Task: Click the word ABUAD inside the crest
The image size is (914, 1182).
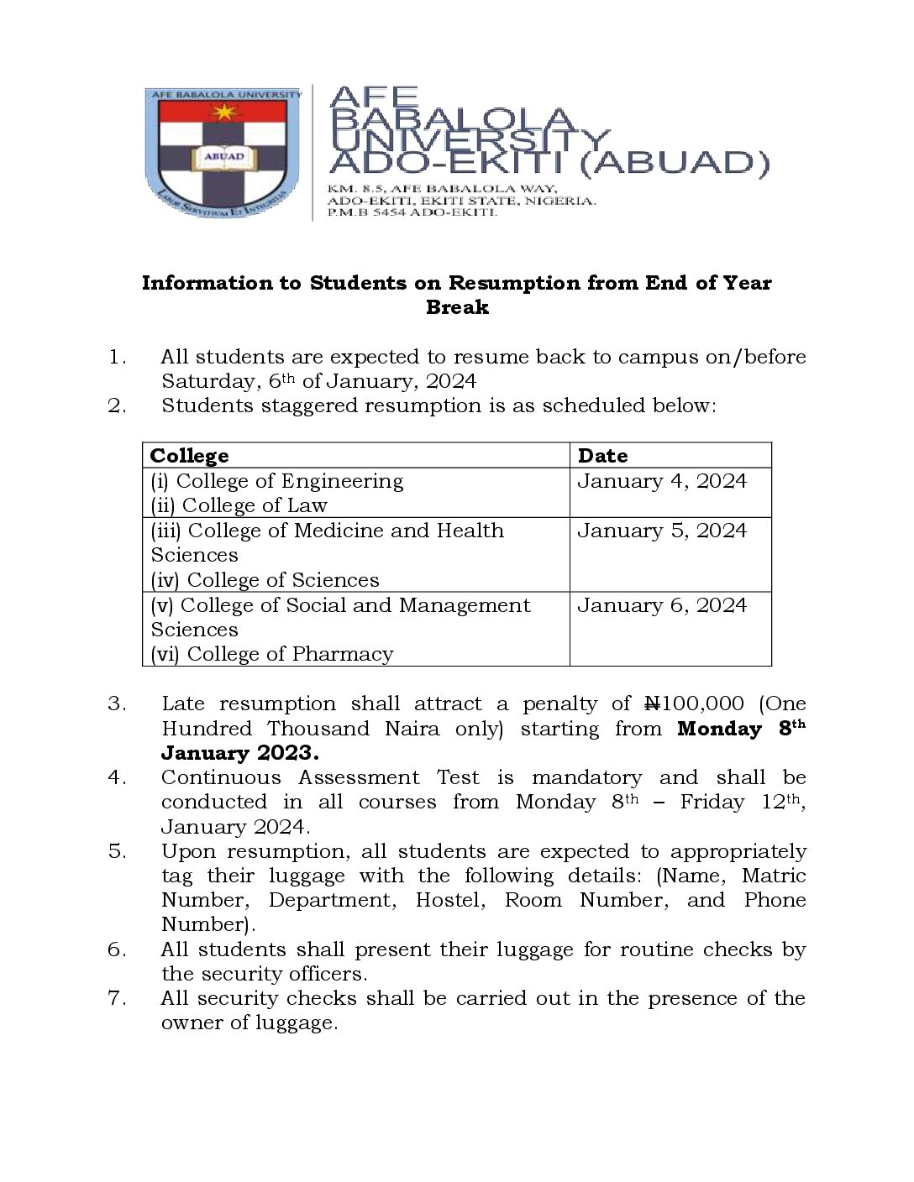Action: (x=223, y=156)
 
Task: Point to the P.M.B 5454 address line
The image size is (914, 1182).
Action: (x=412, y=213)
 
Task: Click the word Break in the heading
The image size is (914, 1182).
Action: (x=457, y=308)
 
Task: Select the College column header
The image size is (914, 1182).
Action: (x=189, y=456)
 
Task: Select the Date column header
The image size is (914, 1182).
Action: (x=602, y=456)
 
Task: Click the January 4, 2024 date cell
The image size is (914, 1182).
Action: (x=661, y=481)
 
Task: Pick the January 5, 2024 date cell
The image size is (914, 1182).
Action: (x=661, y=531)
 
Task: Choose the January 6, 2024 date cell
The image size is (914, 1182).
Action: (x=661, y=605)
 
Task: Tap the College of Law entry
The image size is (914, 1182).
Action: (x=239, y=505)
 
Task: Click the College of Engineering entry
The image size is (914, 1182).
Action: (x=277, y=481)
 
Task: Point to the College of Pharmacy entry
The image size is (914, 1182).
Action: (x=272, y=654)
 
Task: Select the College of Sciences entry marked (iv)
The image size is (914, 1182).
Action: (x=265, y=580)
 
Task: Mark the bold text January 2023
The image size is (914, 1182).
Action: (x=239, y=752)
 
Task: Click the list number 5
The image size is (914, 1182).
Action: (x=117, y=851)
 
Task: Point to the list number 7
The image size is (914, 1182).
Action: (x=117, y=998)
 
